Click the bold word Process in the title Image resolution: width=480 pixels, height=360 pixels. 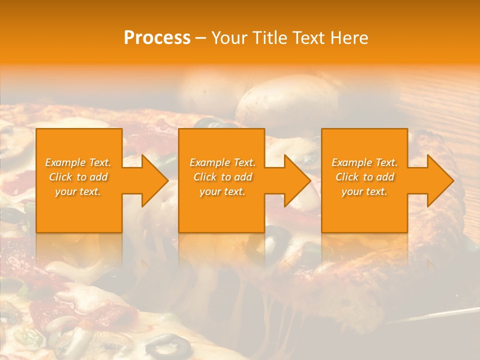point(157,38)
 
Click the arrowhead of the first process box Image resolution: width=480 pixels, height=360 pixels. point(155,180)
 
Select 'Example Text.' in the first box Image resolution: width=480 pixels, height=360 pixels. point(78,162)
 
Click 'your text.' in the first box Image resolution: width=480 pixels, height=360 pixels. point(78,191)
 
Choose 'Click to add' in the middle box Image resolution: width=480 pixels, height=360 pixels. point(222,177)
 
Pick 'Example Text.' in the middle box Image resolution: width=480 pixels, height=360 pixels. point(222,162)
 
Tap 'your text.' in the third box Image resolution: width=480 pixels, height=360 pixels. point(364,191)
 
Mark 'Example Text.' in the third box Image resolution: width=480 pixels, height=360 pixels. point(364,162)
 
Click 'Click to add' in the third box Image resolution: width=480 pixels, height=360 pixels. point(364,177)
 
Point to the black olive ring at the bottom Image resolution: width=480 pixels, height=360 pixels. point(164,344)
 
